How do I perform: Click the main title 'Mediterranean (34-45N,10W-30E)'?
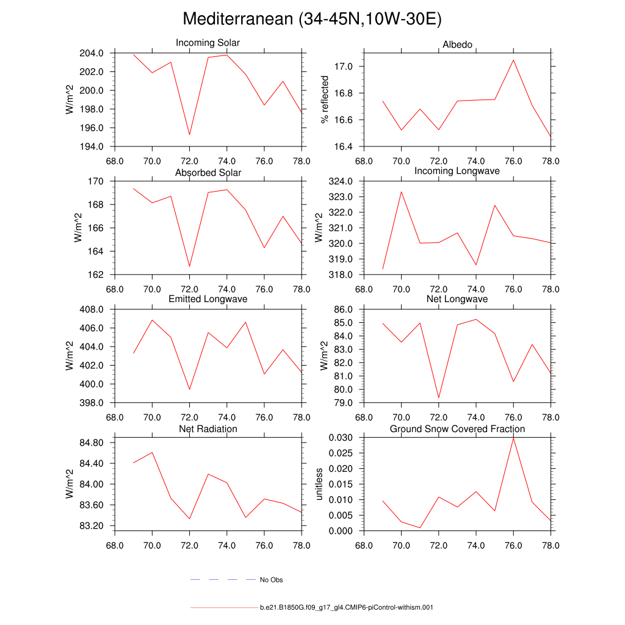[x=312, y=19]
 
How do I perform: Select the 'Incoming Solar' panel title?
[x=208, y=43]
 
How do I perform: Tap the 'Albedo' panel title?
[x=457, y=45]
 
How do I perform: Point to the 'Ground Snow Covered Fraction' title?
[x=457, y=429]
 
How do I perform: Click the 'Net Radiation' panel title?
[x=208, y=429]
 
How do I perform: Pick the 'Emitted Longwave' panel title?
[x=208, y=299]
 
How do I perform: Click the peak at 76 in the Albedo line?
[x=513, y=60]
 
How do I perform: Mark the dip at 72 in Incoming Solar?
[x=189, y=134]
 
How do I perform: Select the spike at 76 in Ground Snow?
[x=513, y=438]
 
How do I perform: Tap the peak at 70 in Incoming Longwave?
[x=402, y=192]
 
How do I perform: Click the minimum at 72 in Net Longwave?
[x=439, y=398]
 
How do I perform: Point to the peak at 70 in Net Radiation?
[x=152, y=452]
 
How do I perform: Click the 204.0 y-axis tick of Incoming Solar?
[x=91, y=53]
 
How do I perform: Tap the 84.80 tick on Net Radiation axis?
[x=90, y=443]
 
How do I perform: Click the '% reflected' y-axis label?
[x=325, y=99]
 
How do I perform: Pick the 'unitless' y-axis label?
[x=319, y=484]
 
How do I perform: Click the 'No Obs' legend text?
[x=271, y=580]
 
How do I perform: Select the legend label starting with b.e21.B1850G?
[x=346, y=608]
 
